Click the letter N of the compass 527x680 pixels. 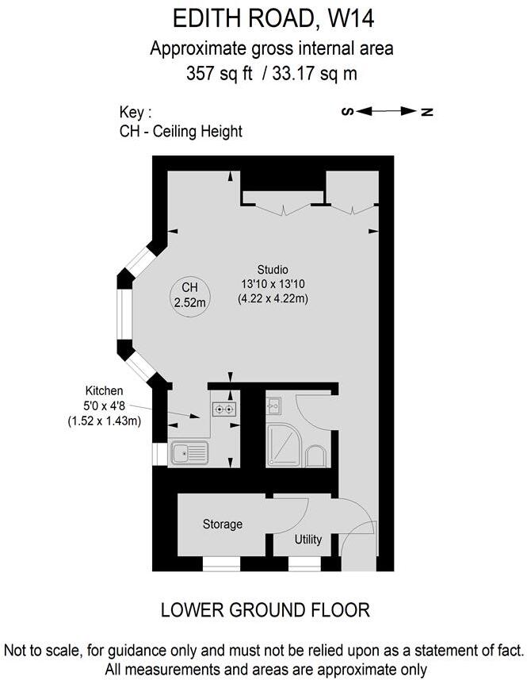pyautogui.click(x=426, y=111)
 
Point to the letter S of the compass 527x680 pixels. pyautogui.click(x=346, y=111)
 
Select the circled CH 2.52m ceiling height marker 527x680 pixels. pyautogui.click(x=190, y=294)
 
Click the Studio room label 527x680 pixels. pyautogui.click(x=273, y=269)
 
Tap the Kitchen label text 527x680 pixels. pyautogui.click(x=105, y=390)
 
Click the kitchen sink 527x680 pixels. pyautogui.click(x=189, y=453)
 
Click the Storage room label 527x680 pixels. pyautogui.click(x=223, y=524)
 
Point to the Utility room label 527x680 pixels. pyautogui.click(x=308, y=540)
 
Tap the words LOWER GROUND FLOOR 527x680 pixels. pyautogui.click(x=265, y=610)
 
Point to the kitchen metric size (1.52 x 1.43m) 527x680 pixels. pyautogui.click(x=105, y=421)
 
